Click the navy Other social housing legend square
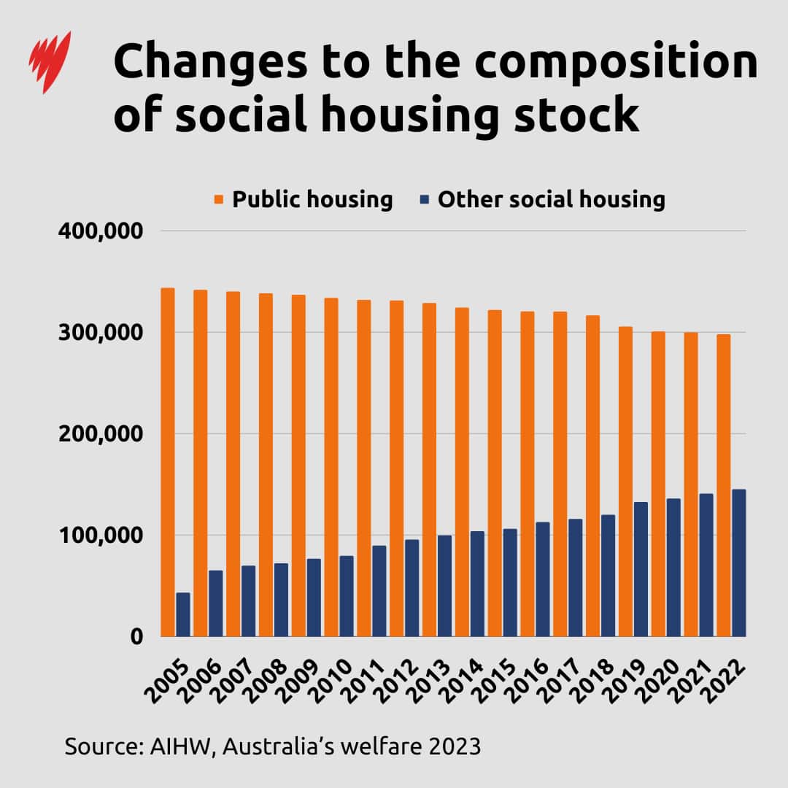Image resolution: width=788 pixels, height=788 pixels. (x=425, y=199)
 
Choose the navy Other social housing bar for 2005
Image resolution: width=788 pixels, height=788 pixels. (x=183, y=614)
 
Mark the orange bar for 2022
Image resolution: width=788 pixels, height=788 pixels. (x=724, y=485)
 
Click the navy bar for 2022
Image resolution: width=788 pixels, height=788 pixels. (x=739, y=563)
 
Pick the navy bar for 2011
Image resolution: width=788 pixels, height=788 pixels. (x=379, y=591)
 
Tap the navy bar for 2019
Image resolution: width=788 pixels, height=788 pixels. (x=641, y=569)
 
